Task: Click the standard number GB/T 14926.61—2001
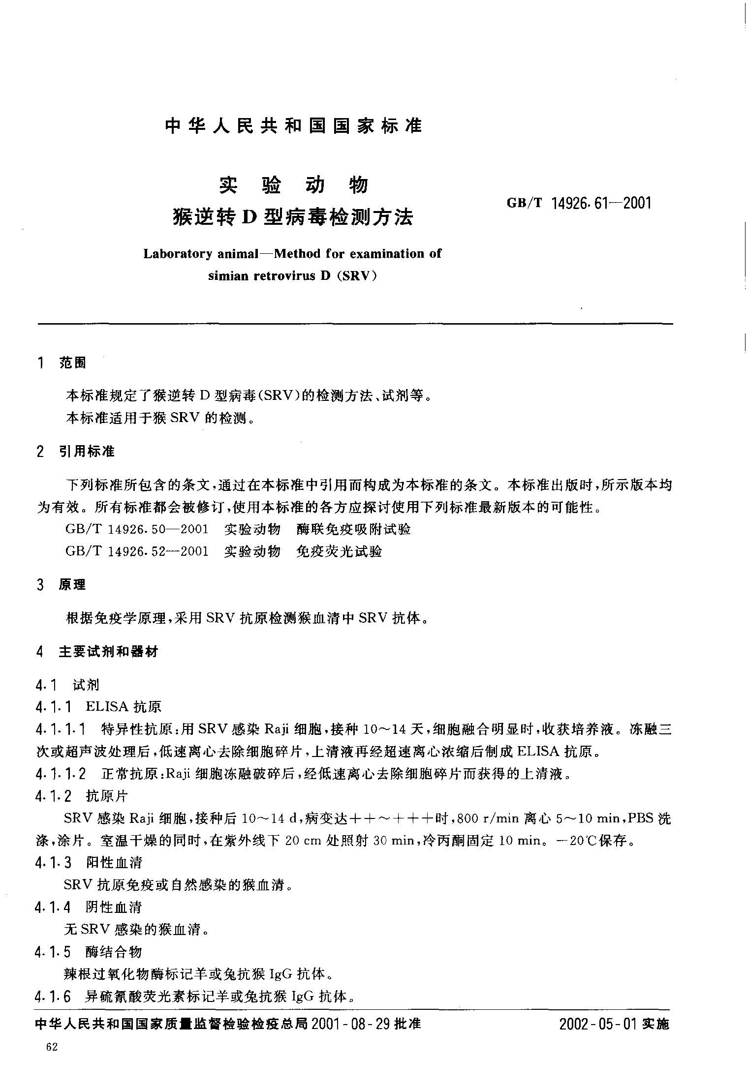tap(579, 203)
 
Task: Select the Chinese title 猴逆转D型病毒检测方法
tap(293, 216)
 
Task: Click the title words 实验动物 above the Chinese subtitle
tap(293, 185)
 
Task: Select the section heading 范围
tap(72, 363)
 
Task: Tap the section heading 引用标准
tap(87, 451)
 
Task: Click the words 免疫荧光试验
tap(339, 551)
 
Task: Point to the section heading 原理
tap(72, 585)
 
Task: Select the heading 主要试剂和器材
tap(108, 652)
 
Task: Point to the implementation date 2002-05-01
tap(598, 1025)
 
